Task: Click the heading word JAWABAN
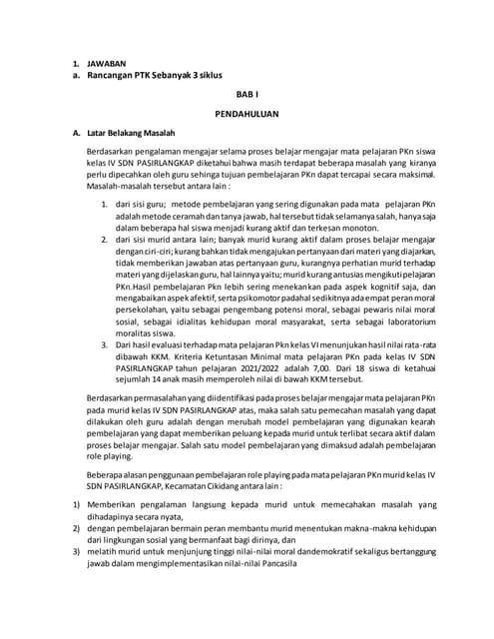pos(110,61)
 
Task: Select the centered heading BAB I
pos(246,94)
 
